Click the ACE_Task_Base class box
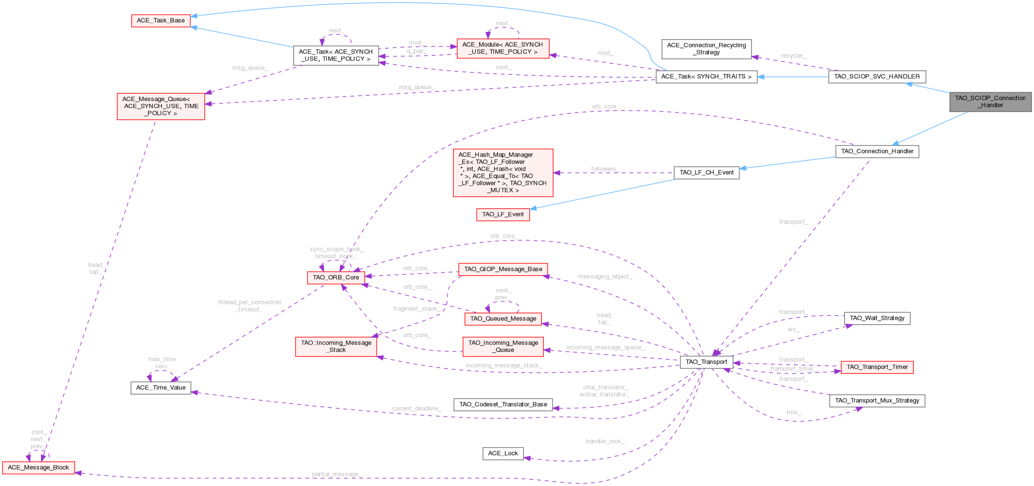(x=160, y=20)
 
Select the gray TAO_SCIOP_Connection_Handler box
(x=990, y=101)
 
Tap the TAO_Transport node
(x=706, y=362)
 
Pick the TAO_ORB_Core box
(x=336, y=277)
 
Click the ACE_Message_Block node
(x=38, y=467)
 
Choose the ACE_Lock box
(x=503, y=453)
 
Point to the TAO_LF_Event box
(x=503, y=214)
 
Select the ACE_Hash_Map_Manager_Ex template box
(x=503, y=172)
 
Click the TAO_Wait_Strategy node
(x=877, y=318)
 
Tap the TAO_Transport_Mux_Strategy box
(x=877, y=400)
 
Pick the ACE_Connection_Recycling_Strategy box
(x=706, y=49)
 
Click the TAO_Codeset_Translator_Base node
(x=503, y=404)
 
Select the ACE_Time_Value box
(x=160, y=387)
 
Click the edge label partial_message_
(x=337, y=474)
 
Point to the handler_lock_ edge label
(x=605, y=441)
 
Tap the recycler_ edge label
(x=793, y=56)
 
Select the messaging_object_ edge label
(x=605, y=276)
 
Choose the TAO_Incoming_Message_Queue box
(x=503, y=346)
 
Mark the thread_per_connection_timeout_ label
(x=249, y=305)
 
